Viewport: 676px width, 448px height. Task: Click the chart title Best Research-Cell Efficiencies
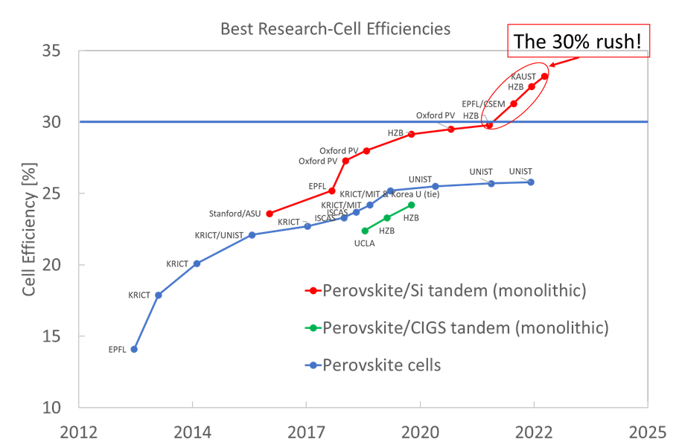pyautogui.click(x=335, y=29)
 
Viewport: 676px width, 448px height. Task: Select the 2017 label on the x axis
pyautogui.click(x=306, y=431)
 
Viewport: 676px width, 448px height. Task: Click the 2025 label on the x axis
pyautogui.click(x=647, y=431)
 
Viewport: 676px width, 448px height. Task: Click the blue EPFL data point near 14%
pyautogui.click(x=134, y=349)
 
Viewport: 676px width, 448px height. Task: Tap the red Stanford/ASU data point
pyautogui.click(x=269, y=214)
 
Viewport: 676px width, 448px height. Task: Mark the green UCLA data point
pyautogui.click(x=365, y=231)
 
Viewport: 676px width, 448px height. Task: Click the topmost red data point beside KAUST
pyautogui.click(x=544, y=76)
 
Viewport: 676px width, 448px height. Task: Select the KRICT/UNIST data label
pyautogui.click(x=220, y=234)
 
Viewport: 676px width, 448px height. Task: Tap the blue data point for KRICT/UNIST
pyautogui.click(x=252, y=234)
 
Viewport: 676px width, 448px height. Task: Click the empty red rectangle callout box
pyautogui.click(x=578, y=40)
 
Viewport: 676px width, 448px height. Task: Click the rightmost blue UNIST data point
pyautogui.click(x=531, y=182)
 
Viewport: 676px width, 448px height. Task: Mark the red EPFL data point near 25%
pyautogui.click(x=332, y=191)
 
